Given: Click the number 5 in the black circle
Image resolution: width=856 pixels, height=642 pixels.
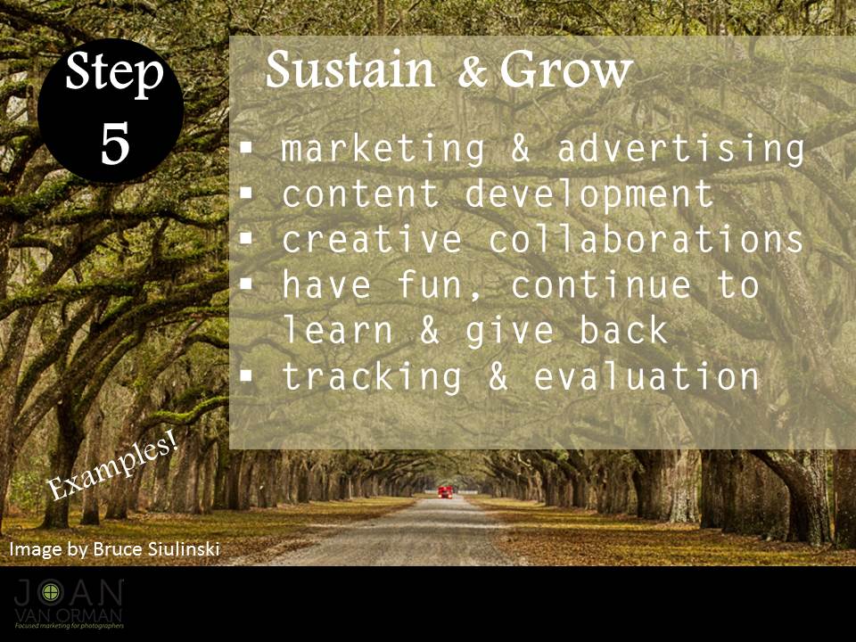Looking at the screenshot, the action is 115,143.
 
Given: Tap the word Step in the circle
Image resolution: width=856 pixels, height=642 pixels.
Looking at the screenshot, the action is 114,74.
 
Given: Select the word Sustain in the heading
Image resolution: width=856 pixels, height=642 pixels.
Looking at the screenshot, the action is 350,70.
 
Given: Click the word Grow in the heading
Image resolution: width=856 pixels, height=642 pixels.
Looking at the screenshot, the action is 566,70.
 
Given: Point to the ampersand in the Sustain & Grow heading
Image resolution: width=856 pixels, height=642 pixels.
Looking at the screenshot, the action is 473,71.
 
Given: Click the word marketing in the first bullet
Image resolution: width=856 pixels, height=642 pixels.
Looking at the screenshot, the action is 383,149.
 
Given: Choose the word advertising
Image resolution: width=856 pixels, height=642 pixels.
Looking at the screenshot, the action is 680,149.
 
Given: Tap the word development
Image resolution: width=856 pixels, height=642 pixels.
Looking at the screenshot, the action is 589,194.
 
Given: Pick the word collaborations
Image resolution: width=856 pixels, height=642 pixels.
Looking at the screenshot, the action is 646,240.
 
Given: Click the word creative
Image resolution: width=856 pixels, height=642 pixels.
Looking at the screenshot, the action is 372,240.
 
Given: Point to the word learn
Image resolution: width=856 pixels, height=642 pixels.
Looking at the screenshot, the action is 338,331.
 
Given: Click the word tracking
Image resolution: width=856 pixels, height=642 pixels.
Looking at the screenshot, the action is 372,377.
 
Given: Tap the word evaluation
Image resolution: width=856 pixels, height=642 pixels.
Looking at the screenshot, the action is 646,376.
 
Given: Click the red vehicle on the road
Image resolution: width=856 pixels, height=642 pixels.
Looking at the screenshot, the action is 446,491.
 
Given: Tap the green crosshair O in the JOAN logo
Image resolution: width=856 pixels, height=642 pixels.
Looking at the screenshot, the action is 51,592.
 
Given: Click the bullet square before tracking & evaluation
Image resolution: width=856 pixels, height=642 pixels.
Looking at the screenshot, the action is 247,376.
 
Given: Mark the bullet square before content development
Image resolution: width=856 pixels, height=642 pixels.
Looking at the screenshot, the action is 247,193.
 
